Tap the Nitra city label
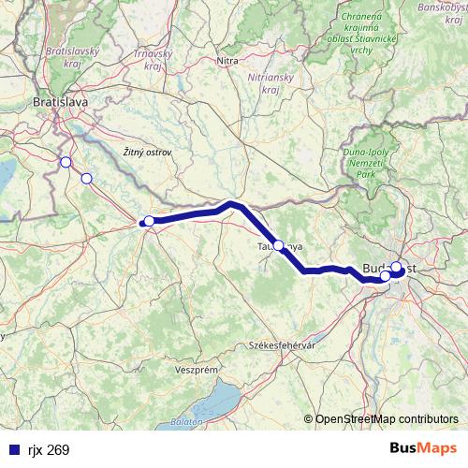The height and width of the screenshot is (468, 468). [x=227, y=62]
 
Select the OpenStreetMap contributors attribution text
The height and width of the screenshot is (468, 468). [x=387, y=420]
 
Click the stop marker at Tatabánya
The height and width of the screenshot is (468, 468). [x=278, y=245]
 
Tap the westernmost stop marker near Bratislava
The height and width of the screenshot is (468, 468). [x=66, y=162]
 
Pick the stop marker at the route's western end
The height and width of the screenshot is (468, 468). [x=149, y=221]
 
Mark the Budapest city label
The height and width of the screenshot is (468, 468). [x=393, y=269]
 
